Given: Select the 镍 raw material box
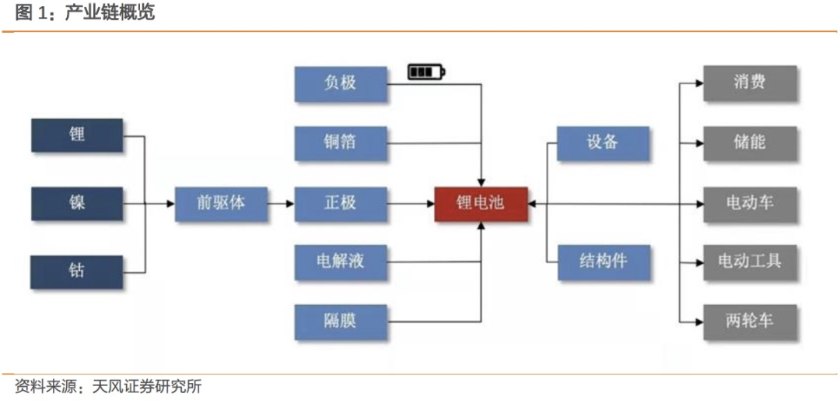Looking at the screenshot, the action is (77, 204).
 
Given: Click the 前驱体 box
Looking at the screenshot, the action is (221, 204).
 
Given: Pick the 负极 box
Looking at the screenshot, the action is (341, 84).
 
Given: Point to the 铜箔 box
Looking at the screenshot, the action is (341, 143).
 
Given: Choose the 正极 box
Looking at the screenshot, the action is (341, 204).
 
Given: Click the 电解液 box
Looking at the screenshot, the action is (341, 262).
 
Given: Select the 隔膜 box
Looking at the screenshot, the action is (341, 322).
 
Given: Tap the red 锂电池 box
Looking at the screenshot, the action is (481, 204).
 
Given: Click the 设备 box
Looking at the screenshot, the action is (604, 143).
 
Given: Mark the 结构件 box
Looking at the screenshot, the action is (604, 262).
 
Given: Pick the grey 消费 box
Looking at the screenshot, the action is (750, 83).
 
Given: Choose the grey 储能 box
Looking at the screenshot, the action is (750, 143).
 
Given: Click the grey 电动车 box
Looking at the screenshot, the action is (750, 204).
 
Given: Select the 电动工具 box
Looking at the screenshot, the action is (750, 262).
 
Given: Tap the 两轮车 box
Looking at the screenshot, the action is (750, 322).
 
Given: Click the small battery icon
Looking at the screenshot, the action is (426, 72).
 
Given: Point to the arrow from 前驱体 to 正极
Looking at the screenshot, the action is (281, 204).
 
